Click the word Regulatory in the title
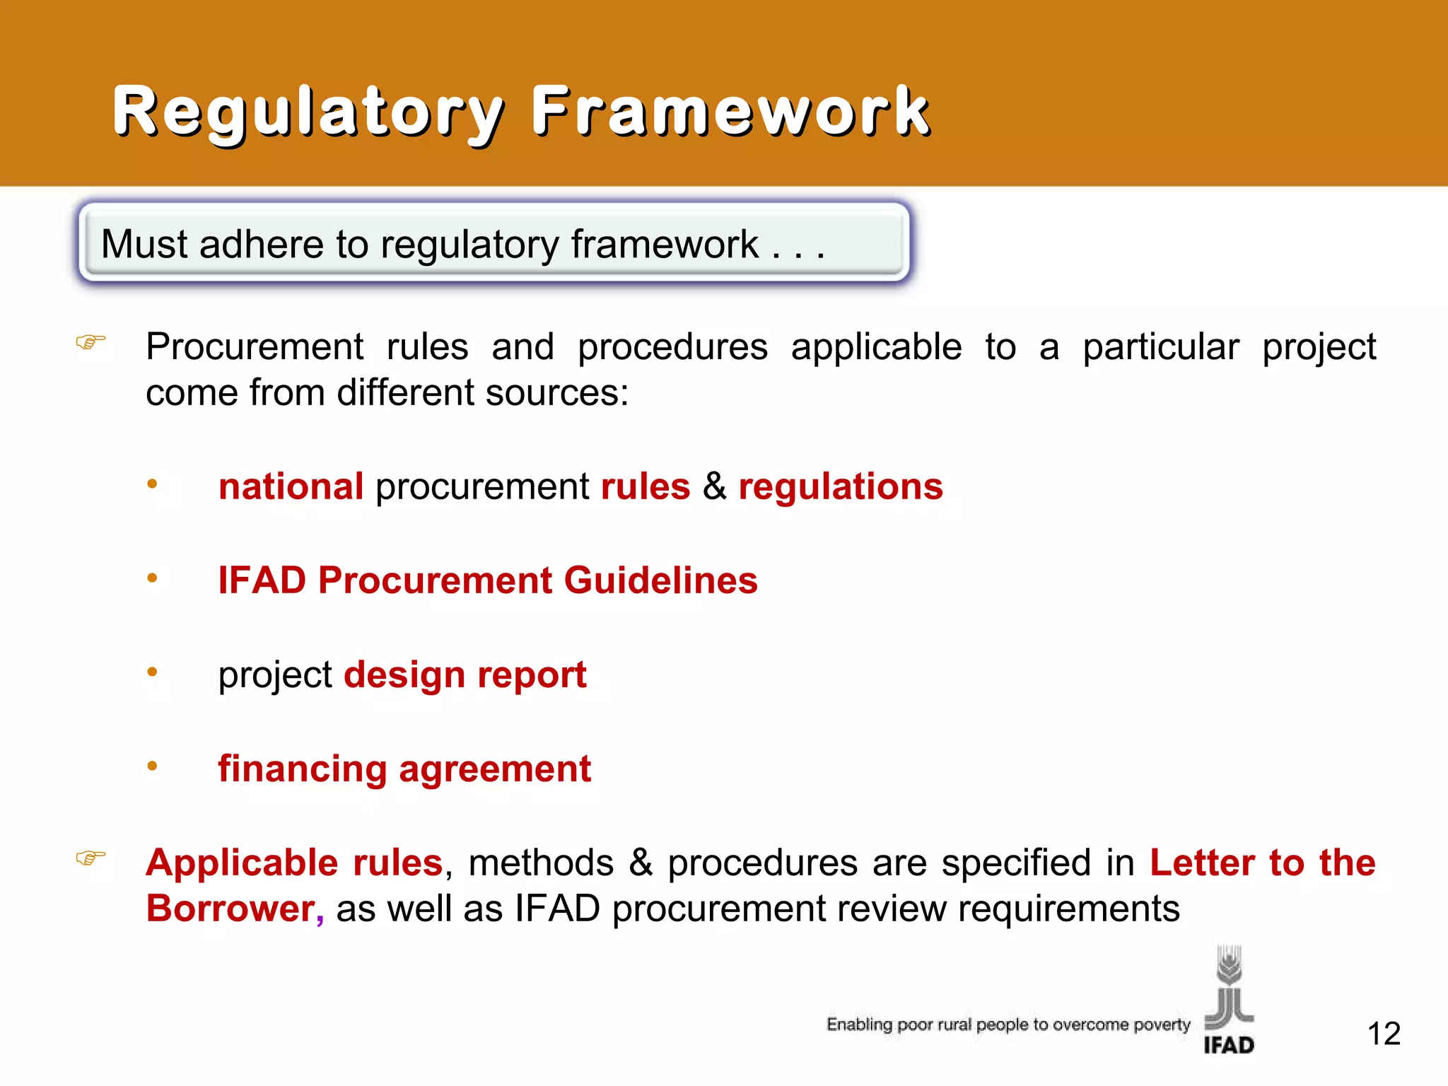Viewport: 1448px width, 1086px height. [308, 112]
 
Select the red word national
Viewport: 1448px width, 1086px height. [291, 487]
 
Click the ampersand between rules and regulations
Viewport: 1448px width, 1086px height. [714, 487]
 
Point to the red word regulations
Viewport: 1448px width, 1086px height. [840, 487]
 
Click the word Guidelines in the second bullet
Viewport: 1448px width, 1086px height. [660, 581]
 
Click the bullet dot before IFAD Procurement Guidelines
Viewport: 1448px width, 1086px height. [152, 578]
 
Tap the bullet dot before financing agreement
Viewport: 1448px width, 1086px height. [152, 766]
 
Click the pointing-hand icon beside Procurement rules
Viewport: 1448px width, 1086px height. [90, 342]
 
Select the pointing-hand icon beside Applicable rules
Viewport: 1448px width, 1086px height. [90, 858]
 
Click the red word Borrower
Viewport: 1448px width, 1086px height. [230, 909]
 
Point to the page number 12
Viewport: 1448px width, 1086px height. [1384, 1034]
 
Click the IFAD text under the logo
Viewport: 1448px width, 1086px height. [1229, 1045]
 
